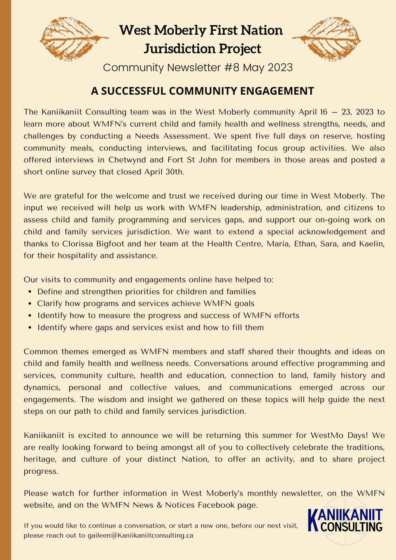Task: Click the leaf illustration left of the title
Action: (x=73, y=39)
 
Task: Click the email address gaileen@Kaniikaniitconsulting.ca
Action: (x=140, y=536)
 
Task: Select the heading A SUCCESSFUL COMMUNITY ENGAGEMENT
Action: (x=202, y=91)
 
